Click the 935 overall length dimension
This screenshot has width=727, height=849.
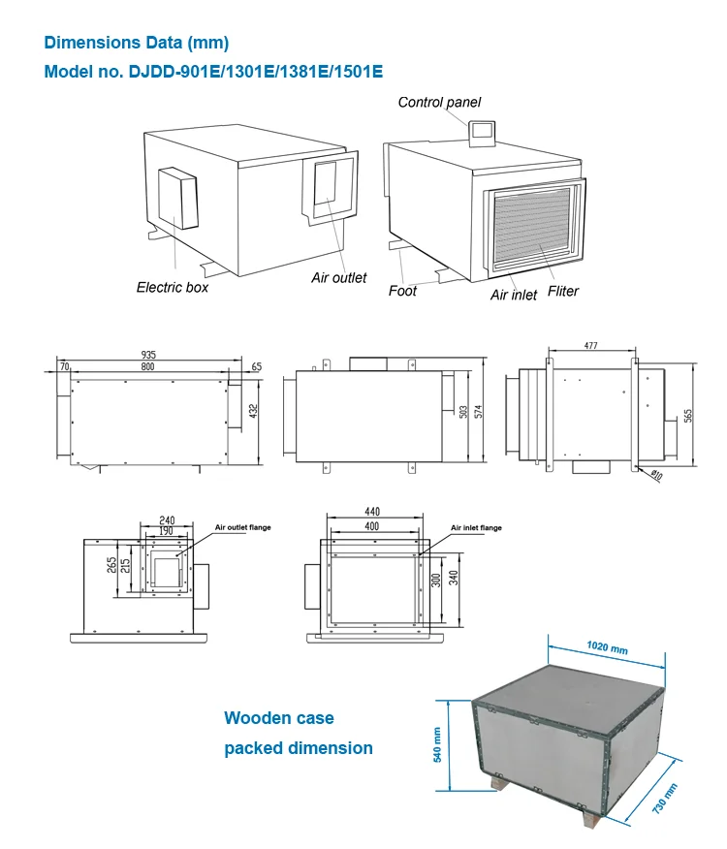[148, 355]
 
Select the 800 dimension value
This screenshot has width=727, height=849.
[148, 367]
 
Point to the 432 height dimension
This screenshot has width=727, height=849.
[254, 411]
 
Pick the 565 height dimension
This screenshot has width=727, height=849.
[689, 415]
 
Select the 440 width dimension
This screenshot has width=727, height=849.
[372, 511]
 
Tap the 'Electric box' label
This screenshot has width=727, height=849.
[172, 287]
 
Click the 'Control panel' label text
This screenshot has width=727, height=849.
[439, 102]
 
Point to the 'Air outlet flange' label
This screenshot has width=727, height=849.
[242, 527]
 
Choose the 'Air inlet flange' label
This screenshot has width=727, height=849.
[476, 528]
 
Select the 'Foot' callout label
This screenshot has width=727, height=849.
[402, 291]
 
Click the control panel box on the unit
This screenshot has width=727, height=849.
[482, 133]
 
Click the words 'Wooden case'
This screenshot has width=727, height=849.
[279, 718]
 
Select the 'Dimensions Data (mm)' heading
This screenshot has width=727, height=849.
[137, 43]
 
